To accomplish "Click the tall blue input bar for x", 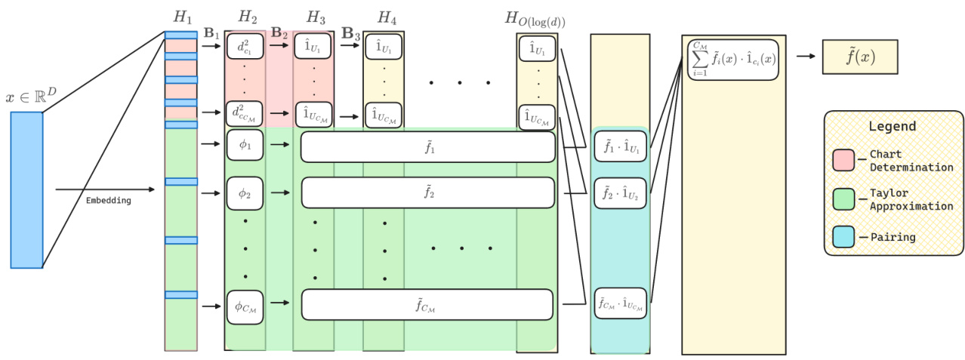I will coord(26,189).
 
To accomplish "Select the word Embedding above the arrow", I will coord(108,200).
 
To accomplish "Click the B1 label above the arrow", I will coord(212,33).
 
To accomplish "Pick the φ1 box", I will coord(245,145).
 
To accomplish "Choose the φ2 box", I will coord(245,193).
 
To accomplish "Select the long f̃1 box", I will coord(427,147).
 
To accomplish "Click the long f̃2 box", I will coord(427,192).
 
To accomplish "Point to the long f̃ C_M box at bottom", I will coord(427,304).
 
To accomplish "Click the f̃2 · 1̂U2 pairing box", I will coord(620,192).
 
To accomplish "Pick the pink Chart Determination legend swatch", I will coord(843,160).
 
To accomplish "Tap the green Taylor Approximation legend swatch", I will coord(843,198).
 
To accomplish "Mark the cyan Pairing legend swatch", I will coord(843,237).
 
